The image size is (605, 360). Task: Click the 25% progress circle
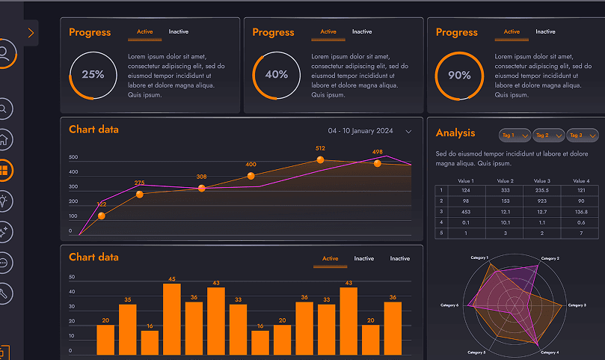93,75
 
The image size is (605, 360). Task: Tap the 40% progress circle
276,75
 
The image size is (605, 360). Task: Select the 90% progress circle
459,75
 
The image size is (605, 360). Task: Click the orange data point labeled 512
320,159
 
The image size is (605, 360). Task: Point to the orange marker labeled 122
102,216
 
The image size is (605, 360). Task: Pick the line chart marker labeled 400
251,176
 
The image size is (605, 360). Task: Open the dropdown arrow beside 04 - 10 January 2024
408,132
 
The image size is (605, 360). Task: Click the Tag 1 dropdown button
515,135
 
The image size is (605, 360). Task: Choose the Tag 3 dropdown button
583,135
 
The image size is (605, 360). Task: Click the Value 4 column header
581,181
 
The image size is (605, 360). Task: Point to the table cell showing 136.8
581,212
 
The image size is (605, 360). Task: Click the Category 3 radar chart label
596,305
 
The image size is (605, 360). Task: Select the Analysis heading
455,133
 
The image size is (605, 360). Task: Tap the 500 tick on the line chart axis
73,158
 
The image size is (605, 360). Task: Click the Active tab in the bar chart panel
330,259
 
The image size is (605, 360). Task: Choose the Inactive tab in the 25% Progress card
178,32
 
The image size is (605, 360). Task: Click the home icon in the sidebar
4,139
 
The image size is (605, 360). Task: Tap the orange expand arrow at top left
31,33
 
